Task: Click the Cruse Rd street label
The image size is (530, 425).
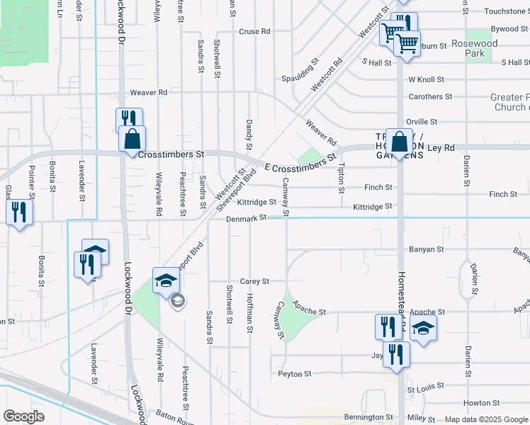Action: point(255,32)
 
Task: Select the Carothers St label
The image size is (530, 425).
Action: point(430,97)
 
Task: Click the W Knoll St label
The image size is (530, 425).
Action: point(426,80)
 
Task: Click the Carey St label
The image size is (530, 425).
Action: point(254,281)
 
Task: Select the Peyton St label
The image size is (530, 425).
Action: point(294,374)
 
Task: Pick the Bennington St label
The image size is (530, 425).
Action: point(368,418)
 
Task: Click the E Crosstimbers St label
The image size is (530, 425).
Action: point(298,164)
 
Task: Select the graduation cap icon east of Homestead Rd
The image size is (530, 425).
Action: point(423,329)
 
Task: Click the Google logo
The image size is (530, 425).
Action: point(24,416)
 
